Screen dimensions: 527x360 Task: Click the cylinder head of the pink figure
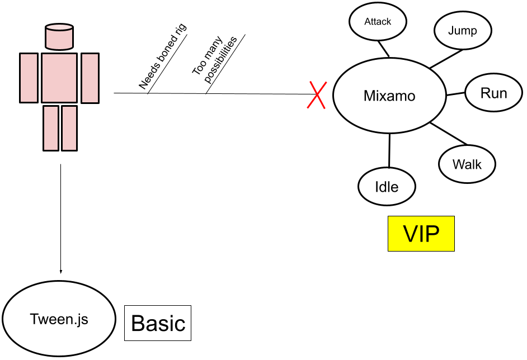pyautogui.click(x=59, y=39)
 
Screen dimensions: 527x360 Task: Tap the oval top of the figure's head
pyautogui.click(x=59, y=27)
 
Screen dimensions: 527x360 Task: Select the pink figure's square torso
pyautogui.click(x=59, y=78)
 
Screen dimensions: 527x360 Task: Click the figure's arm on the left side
pyautogui.click(x=29, y=78)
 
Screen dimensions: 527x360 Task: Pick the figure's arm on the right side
pyautogui.click(x=90, y=78)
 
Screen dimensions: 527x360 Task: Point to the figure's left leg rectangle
pyautogui.click(x=51, y=128)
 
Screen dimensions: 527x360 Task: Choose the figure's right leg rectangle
pyautogui.click(x=69, y=128)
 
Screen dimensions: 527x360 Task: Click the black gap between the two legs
pyautogui.click(x=60, y=128)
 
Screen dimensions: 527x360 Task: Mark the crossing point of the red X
pyautogui.click(x=317, y=94)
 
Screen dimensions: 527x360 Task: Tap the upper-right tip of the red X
pyautogui.click(x=327, y=82)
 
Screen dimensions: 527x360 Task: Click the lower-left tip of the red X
pyautogui.click(x=307, y=108)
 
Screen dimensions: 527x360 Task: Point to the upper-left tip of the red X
pyautogui.click(x=310, y=82)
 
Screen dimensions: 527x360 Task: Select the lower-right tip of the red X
pyautogui.click(x=324, y=108)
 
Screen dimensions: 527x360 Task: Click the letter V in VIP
pyautogui.click(x=410, y=234)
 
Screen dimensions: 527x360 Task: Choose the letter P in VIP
pyautogui.click(x=432, y=234)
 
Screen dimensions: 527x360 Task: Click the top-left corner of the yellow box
pyautogui.click(x=388, y=216)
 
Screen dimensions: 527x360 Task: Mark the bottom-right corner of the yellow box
pyautogui.click(x=454, y=250)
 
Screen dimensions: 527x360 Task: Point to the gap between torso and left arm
pyautogui.click(x=40, y=78)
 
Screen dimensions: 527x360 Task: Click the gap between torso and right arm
pyautogui.click(x=79, y=78)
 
